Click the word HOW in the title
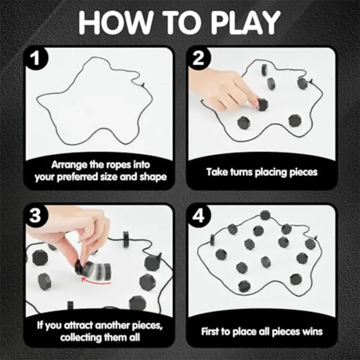[x=115, y=22]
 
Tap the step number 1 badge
[x=35, y=58]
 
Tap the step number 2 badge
[x=199, y=58]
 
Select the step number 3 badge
[x=35, y=216]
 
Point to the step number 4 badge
[x=199, y=216]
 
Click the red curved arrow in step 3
[x=96, y=281]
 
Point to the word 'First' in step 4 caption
[x=210, y=332]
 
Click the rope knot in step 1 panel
[x=143, y=85]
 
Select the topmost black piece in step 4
[x=265, y=215]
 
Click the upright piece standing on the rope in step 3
[x=127, y=240]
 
